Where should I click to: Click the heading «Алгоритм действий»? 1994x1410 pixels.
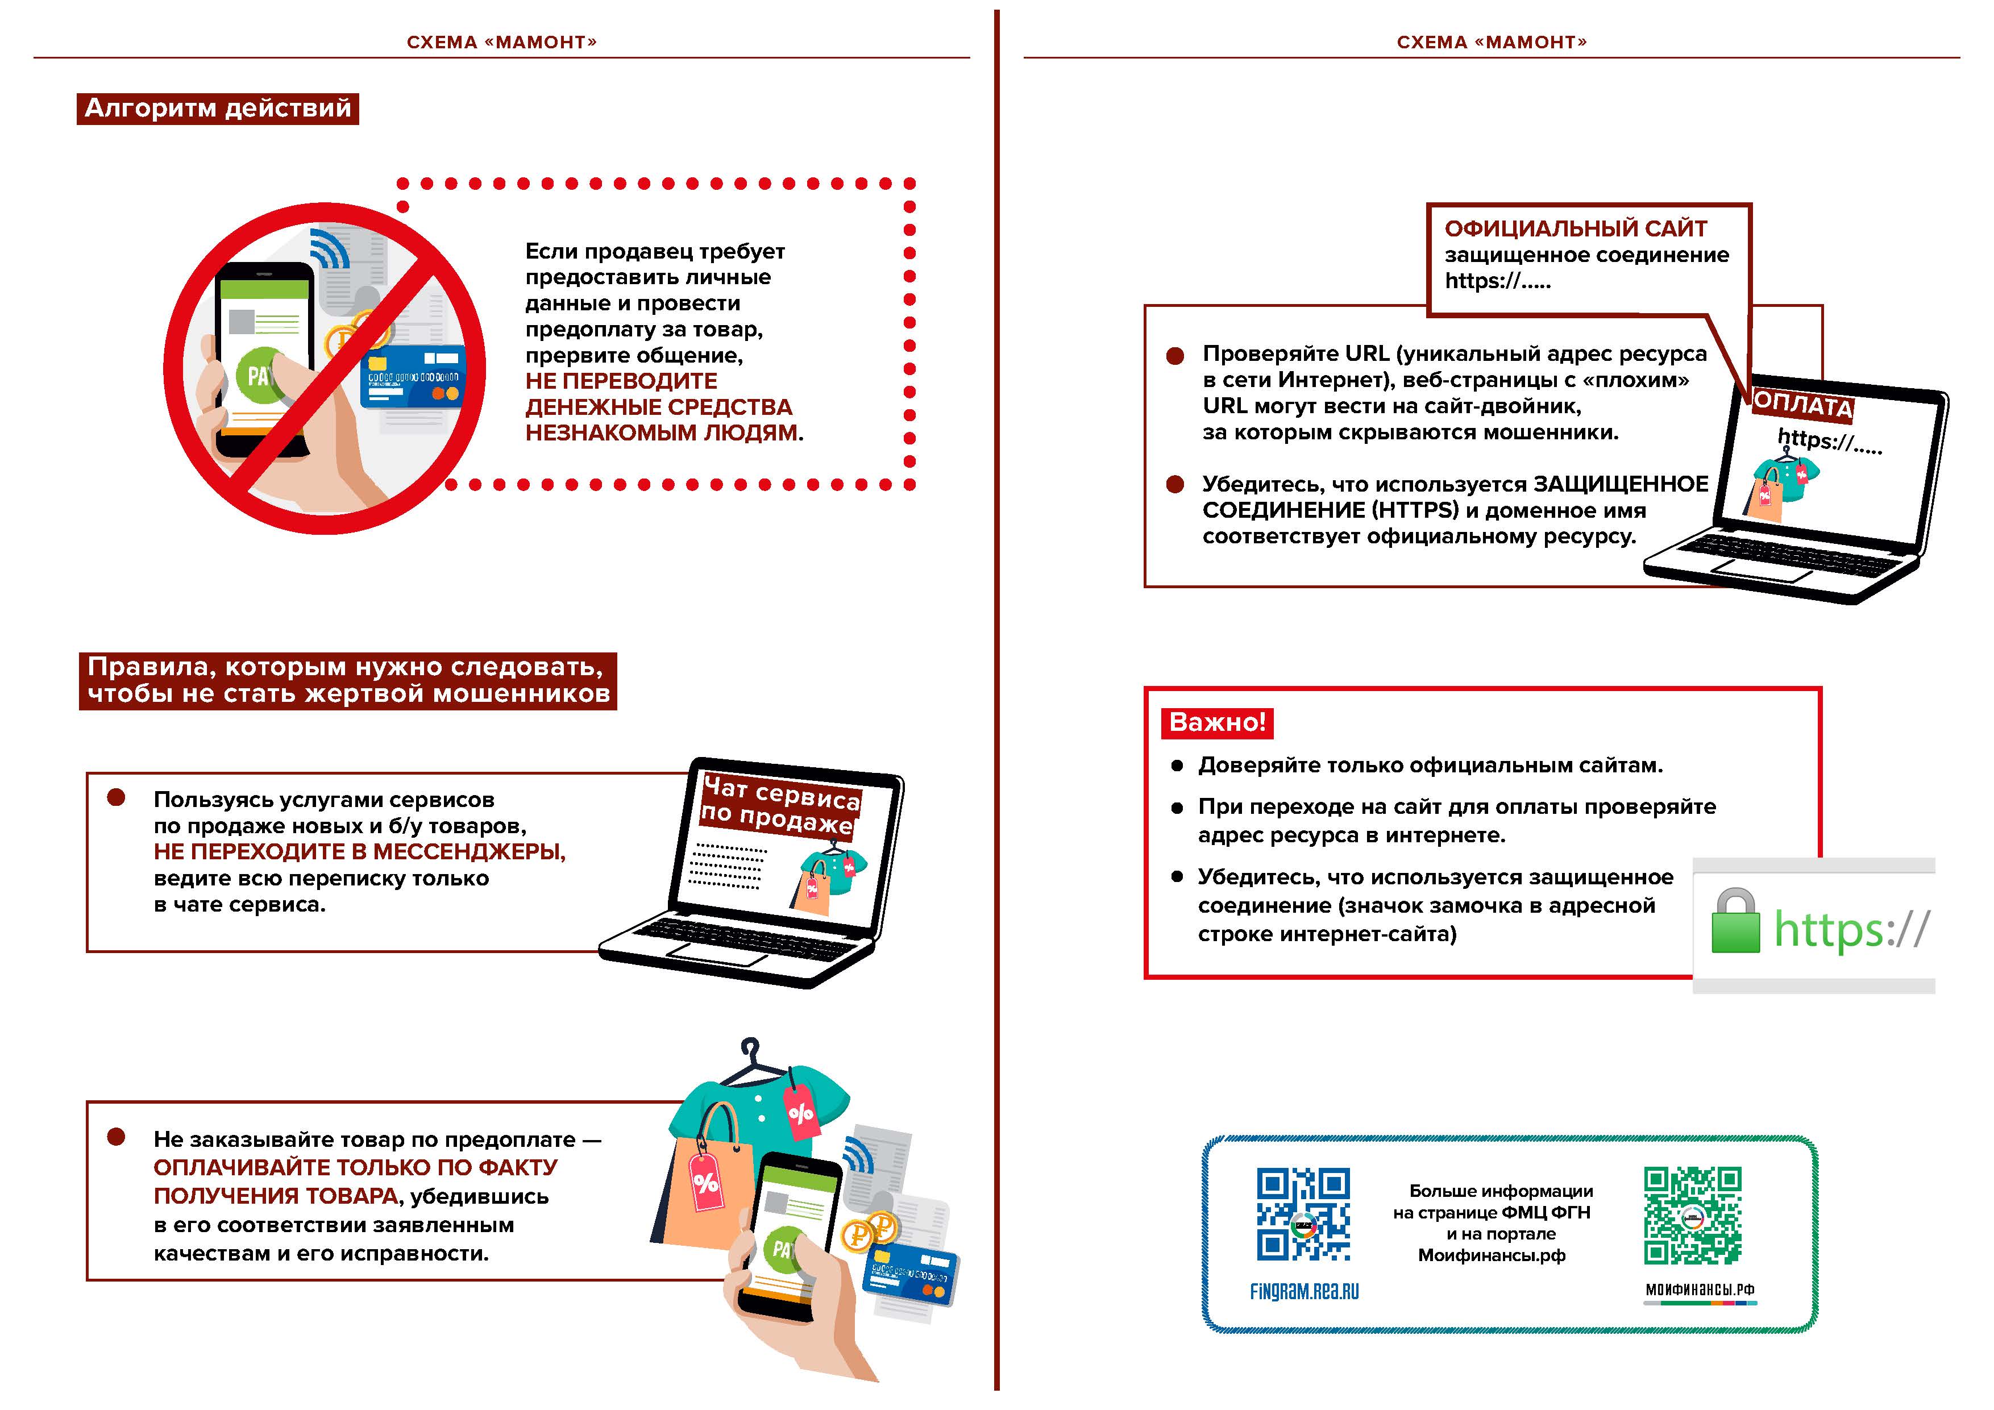tap(218, 109)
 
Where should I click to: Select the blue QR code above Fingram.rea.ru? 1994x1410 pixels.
tap(1303, 1214)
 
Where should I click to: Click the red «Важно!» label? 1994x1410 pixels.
tap(1217, 722)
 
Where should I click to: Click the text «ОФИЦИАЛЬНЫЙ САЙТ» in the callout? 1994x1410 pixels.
tap(1576, 229)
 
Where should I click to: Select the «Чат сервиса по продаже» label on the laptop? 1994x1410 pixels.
tap(780, 806)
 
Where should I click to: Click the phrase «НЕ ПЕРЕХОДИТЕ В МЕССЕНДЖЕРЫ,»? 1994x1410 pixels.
tap(360, 852)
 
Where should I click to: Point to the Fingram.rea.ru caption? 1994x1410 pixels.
tap(1303, 1291)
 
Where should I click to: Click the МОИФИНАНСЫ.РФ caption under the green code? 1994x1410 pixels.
tap(1700, 1290)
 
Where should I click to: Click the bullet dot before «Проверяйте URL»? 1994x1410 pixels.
tap(1175, 356)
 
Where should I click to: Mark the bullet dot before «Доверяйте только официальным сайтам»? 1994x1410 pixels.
tap(1177, 766)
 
